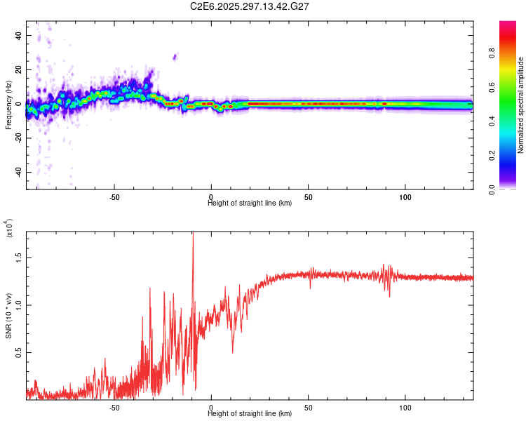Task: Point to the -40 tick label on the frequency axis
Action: tap(18, 173)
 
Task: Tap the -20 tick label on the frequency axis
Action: tap(18, 138)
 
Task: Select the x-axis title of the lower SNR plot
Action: tap(250, 414)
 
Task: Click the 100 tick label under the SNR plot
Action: tap(405, 407)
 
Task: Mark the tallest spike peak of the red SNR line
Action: tap(193, 234)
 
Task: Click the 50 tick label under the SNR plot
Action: tap(309, 407)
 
